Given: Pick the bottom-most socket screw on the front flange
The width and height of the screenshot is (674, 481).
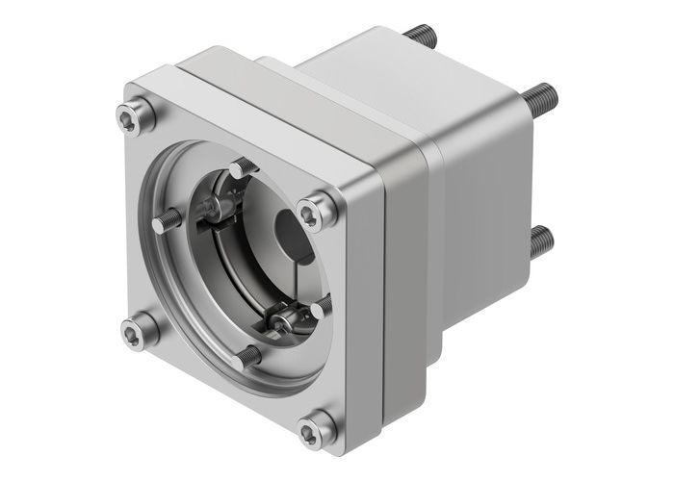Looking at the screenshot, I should point(315,428).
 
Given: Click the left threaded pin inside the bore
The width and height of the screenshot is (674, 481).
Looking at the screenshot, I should point(164,223).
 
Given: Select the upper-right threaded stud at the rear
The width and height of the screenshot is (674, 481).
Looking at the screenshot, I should point(542,95).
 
